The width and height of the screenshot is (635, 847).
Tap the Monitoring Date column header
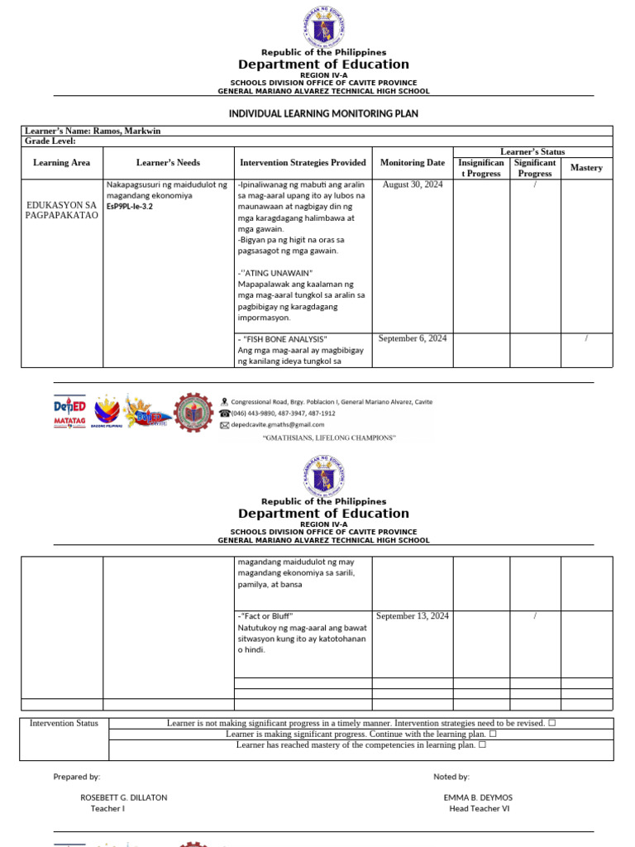pos(413,163)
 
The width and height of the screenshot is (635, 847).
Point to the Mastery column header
pos(586,168)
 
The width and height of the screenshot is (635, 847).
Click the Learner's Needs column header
pos(168,163)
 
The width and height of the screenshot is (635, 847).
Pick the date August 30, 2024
pos(413,184)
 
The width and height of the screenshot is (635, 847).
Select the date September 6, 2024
pos(413,338)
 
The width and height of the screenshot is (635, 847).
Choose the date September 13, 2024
pos(413,616)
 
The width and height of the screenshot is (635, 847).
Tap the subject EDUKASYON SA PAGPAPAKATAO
pos(62,210)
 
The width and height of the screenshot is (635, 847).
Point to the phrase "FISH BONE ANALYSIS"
pos(284,339)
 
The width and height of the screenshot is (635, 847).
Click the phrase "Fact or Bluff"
pos(267,616)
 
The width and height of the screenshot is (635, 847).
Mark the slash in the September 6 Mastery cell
pos(586,338)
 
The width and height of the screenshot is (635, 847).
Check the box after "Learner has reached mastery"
pos(481,745)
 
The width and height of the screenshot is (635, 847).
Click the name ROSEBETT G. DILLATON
pos(123,797)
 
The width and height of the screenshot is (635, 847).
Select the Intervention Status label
pos(64,723)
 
